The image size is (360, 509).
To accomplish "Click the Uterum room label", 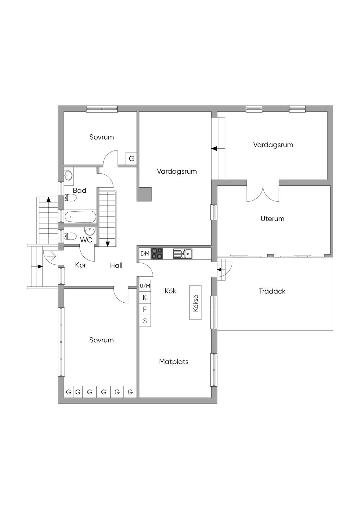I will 272,219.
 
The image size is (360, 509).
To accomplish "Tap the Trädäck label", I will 272,291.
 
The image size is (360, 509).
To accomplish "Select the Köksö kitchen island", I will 195,302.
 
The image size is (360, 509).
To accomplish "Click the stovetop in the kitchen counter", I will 157,253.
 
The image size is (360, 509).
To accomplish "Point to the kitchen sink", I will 182,253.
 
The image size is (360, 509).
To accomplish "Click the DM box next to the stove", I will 145,253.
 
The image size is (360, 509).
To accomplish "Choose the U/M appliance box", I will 145,286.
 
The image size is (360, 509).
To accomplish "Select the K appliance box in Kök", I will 145,298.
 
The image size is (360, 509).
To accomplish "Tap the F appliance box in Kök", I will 145,309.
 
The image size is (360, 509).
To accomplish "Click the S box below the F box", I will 145,321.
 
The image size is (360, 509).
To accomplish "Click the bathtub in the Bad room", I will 80,217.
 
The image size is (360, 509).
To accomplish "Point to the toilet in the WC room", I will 70,236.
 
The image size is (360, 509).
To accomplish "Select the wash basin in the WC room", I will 90,231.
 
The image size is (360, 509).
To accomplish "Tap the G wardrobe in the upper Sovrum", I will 131,159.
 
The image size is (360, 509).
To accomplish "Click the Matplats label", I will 174,361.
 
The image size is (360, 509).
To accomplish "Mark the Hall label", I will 116,265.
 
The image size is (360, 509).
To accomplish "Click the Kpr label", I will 81,265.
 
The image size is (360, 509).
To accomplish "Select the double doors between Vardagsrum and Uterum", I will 263,192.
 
